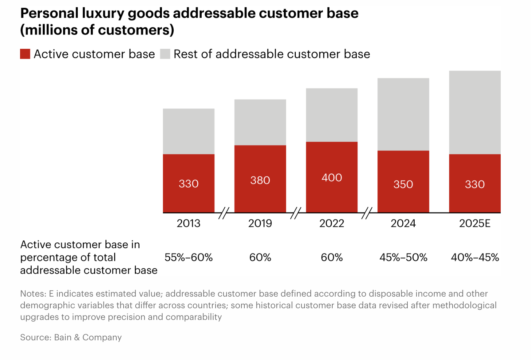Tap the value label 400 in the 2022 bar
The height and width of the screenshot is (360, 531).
tap(332, 177)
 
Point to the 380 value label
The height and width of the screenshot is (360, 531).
tap(260, 180)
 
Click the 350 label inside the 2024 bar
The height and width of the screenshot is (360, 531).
tap(403, 184)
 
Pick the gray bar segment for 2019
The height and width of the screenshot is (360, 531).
tap(260, 122)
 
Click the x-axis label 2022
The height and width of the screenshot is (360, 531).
tap(332, 223)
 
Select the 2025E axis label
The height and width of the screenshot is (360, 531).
tap(474, 223)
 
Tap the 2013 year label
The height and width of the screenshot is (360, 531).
tap(189, 223)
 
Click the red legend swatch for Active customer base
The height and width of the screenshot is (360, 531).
tap(25, 54)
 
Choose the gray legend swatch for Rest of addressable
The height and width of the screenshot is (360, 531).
tap(165, 54)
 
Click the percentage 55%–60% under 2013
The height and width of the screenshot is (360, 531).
tap(189, 257)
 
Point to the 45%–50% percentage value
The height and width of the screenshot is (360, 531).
tap(403, 257)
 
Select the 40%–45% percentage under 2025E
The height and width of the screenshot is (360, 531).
tap(474, 257)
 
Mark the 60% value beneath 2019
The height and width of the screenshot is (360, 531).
tap(260, 257)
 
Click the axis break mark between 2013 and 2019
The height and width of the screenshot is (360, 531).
tap(224, 213)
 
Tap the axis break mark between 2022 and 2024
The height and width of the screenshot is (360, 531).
tap(367, 213)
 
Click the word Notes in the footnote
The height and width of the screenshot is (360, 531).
tap(32, 294)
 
